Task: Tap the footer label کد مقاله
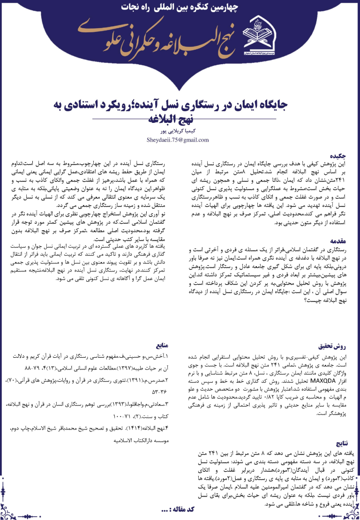178,509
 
